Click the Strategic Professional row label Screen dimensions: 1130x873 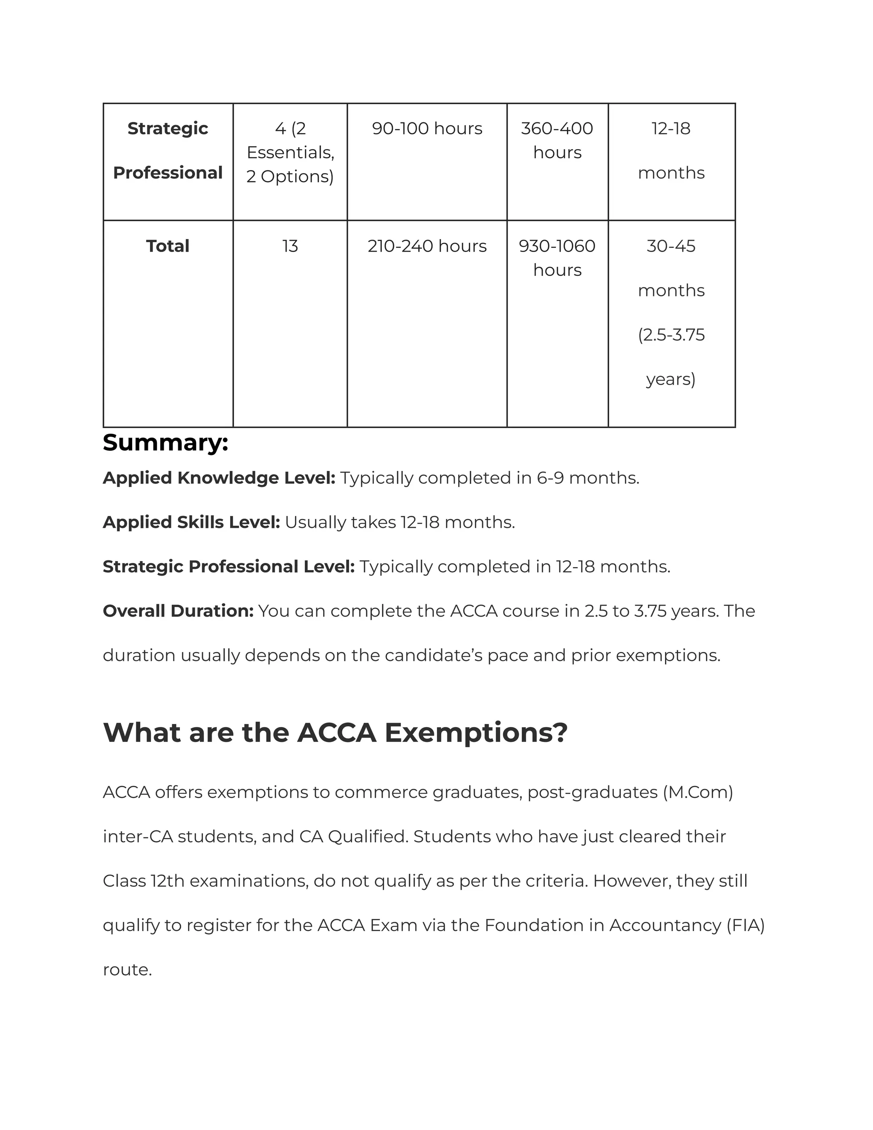168,151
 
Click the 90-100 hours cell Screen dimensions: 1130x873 427,128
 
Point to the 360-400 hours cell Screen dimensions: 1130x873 557,140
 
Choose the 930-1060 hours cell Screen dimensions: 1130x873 557,258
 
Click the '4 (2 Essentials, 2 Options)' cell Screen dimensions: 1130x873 290,152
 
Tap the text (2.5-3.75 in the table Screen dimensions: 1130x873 671,335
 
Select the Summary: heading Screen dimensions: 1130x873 165,443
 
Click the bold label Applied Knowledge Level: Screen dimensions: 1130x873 219,478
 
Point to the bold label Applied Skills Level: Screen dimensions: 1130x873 191,523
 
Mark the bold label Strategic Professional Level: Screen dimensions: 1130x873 228,567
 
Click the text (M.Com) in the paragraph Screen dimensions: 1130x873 698,792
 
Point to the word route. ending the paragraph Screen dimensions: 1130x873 127,970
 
